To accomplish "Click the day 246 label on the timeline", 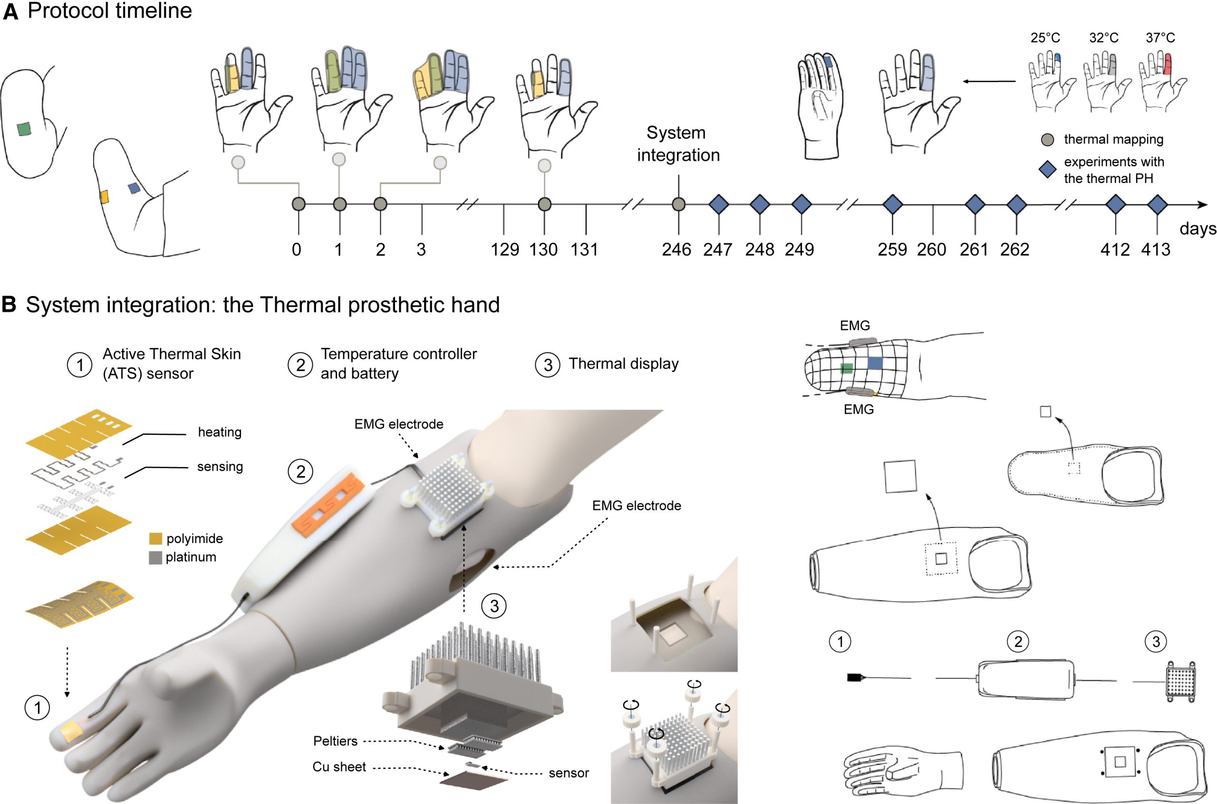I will point(676,250).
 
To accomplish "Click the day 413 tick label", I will point(1156,250).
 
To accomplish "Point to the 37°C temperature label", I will point(1160,38).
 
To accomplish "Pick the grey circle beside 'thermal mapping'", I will point(1048,140).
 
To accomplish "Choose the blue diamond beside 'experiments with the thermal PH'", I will point(1047,170).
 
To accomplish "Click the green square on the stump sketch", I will point(24,129).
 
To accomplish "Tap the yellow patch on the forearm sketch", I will point(104,197).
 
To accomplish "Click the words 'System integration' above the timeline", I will point(678,144).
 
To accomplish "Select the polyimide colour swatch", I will point(155,538).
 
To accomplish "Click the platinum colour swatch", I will point(155,557).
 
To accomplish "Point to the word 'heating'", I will point(220,432).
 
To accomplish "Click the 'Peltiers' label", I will point(336,741).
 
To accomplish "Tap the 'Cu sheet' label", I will point(339,766).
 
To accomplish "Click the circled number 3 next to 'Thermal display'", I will point(547,364).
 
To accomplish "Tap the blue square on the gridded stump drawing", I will point(875,364).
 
